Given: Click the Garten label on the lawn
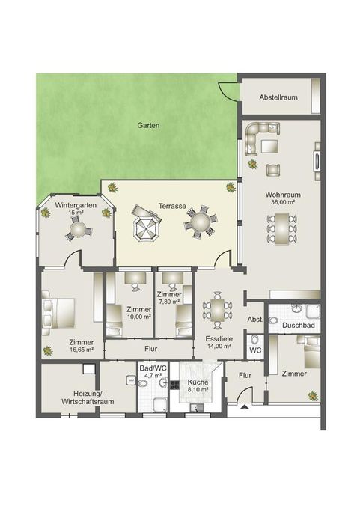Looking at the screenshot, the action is pos(148,125).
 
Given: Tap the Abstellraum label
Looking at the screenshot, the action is pos(278,97).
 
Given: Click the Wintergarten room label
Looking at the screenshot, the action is pos(76,205).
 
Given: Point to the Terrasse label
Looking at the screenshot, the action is pos(172,206).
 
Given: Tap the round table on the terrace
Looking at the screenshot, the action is pos(201,222).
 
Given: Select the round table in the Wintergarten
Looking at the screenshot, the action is pos(79,229).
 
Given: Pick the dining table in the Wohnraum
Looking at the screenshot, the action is pos(282,228).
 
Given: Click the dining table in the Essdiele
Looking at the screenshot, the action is pos(218,310).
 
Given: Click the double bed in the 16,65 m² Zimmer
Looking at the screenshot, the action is pos(59,313).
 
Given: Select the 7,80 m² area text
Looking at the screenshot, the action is pos(169,302).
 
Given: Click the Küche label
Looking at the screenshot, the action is pos(198,382).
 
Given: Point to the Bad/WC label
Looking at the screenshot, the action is pos(153,368).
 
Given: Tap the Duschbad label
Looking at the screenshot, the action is pos(299,326).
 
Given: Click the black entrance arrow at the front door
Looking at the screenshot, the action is pos(245,408).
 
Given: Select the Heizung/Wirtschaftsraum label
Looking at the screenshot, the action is pos(88,397).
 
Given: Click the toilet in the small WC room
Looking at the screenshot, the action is pos(255,340).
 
